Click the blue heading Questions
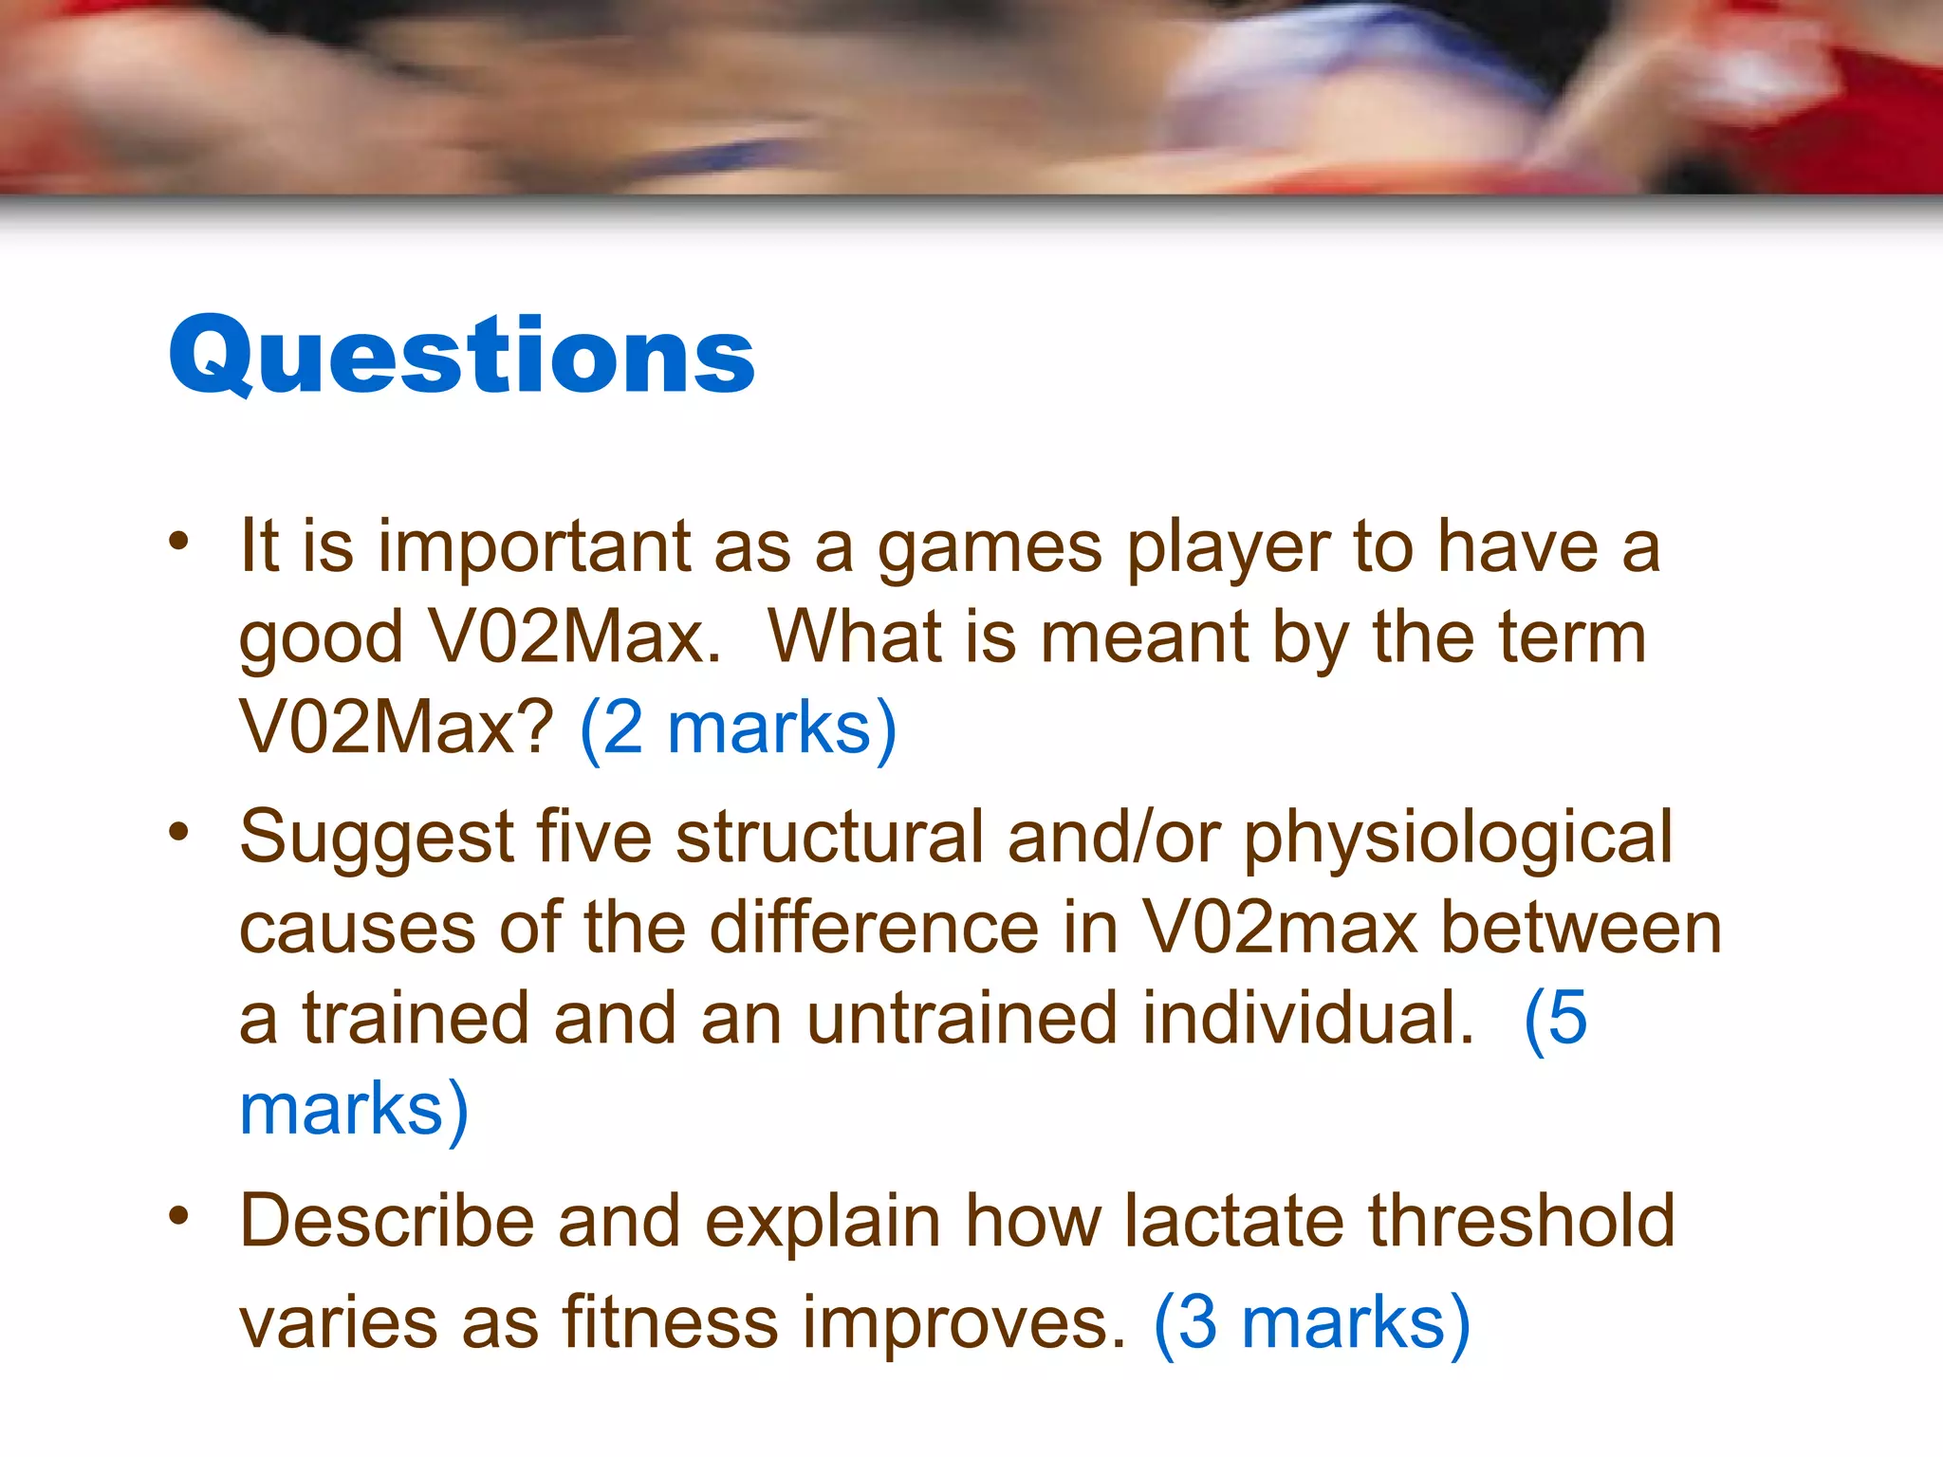coord(462,356)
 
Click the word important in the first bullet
coord(534,547)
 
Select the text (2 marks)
coord(738,728)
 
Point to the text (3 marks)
coord(1312,1323)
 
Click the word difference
coord(875,928)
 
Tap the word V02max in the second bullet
coord(1280,928)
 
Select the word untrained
coord(962,1019)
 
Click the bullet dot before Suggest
coord(179,832)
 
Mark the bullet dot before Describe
coord(179,1216)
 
